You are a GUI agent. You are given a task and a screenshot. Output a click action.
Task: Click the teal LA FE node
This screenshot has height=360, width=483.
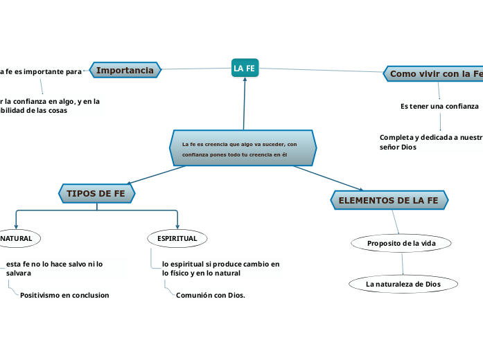pyautogui.click(x=245, y=68)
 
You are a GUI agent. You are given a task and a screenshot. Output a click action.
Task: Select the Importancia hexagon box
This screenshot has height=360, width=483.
pyautogui.click(x=125, y=70)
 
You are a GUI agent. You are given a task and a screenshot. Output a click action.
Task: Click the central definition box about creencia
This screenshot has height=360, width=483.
pyautogui.click(x=243, y=148)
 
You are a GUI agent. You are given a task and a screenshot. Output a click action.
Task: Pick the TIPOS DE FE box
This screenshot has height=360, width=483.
pyautogui.click(x=96, y=193)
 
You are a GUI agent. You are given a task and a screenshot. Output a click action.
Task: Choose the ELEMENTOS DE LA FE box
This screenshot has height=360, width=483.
pyautogui.click(x=388, y=201)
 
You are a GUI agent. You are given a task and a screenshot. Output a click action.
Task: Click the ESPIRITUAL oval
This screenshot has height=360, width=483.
pyautogui.click(x=177, y=238)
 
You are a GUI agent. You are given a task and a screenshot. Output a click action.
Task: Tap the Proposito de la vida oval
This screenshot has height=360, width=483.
pyautogui.click(x=401, y=243)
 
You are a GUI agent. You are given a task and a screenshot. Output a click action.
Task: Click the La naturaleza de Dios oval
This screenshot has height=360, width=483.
pyautogui.click(x=403, y=284)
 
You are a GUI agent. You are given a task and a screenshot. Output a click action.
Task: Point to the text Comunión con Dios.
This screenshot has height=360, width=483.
pyautogui.click(x=211, y=296)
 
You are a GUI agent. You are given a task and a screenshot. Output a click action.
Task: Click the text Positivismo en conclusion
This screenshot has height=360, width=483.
pyautogui.click(x=64, y=296)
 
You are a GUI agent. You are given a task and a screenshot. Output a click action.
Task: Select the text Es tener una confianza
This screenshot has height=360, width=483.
pyautogui.click(x=439, y=107)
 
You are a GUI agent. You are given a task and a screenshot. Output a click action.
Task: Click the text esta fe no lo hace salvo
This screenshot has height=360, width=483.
pyautogui.click(x=54, y=264)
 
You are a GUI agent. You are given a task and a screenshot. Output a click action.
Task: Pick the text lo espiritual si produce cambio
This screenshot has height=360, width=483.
pyautogui.click(x=220, y=264)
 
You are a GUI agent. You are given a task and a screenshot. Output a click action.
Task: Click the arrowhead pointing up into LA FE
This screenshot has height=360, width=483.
pyautogui.click(x=245, y=81)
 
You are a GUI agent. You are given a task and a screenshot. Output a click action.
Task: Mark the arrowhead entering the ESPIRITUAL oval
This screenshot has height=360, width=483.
pyautogui.click(x=178, y=225)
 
